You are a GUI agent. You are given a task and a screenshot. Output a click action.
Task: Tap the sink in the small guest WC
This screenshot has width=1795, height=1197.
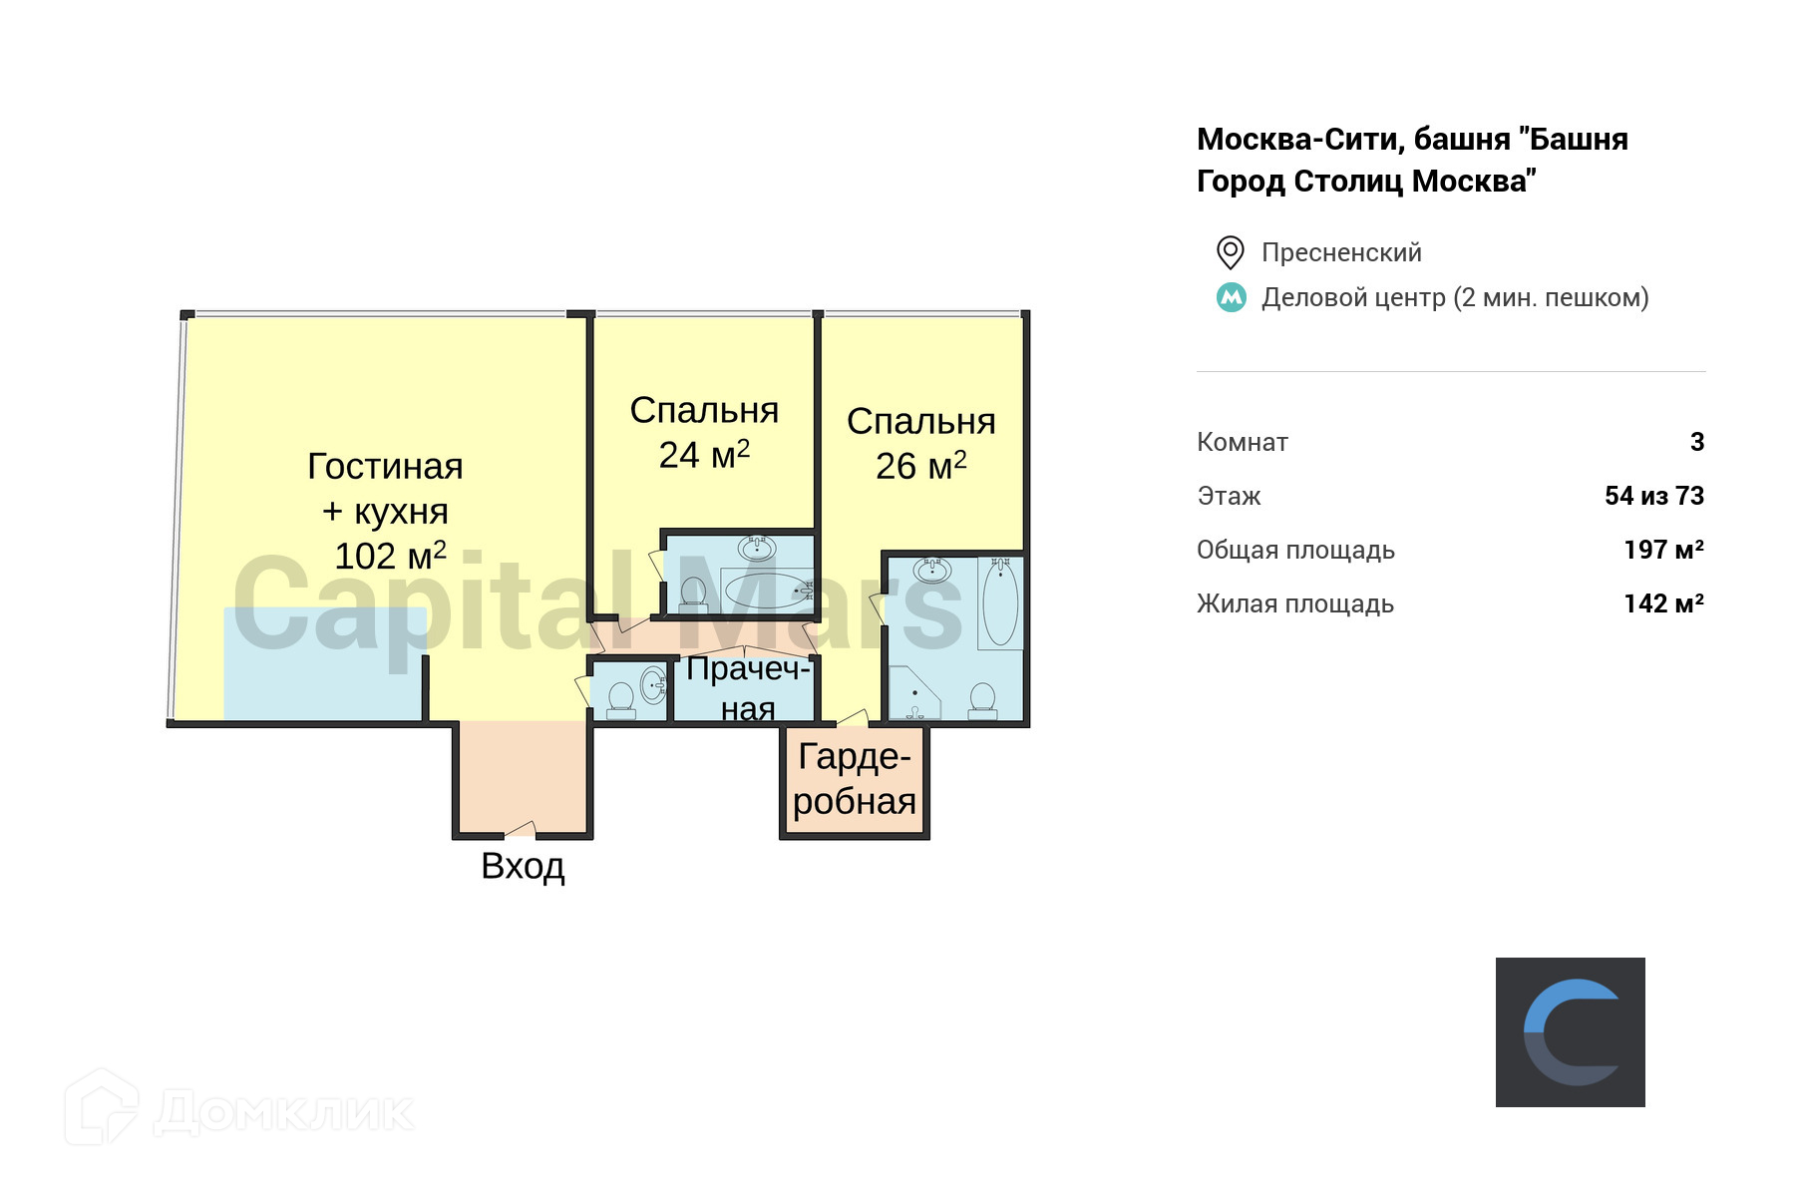(x=652, y=685)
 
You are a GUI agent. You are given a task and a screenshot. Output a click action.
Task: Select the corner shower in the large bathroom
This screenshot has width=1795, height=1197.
(x=912, y=693)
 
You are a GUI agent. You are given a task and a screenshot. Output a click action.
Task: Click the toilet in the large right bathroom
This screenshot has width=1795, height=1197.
(x=982, y=699)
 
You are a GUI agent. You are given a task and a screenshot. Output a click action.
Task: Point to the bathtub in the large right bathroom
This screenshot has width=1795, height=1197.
(x=1000, y=603)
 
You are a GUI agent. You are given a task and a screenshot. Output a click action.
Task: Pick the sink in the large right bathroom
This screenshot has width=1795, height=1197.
(x=932, y=570)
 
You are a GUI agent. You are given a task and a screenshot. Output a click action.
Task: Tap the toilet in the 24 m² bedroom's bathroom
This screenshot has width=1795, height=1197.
(x=693, y=594)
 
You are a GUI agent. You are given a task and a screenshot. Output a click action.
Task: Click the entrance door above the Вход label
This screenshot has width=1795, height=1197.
(x=521, y=830)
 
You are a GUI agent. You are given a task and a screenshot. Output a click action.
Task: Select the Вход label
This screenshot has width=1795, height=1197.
(x=523, y=866)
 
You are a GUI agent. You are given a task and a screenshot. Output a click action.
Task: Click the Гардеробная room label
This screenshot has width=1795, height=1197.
(x=855, y=779)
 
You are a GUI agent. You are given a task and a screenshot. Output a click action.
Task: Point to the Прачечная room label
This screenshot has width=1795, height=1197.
(x=748, y=688)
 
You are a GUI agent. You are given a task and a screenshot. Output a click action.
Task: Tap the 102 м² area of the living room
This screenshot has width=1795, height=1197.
(x=390, y=556)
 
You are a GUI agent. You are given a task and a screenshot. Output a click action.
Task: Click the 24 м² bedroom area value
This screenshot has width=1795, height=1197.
(x=704, y=455)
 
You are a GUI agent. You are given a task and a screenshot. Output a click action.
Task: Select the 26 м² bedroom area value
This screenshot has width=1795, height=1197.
(x=920, y=465)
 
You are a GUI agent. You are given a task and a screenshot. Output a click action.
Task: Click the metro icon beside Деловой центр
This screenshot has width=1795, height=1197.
(x=1232, y=297)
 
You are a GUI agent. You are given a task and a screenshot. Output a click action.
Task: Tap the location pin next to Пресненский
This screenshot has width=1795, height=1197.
(x=1231, y=252)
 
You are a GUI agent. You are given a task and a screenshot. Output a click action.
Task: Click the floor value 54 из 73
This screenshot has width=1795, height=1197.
(x=1653, y=496)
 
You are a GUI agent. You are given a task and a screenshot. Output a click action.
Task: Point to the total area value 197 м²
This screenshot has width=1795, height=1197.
(x=1663, y=550)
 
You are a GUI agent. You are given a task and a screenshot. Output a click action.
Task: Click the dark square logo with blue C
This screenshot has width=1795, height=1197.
(x=1570, y=1031)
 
